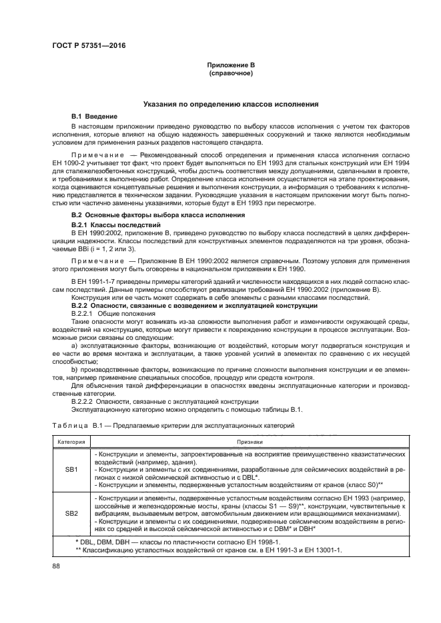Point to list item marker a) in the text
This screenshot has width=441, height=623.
pos(74,346)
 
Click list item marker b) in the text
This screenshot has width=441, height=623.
pos(74,370)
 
